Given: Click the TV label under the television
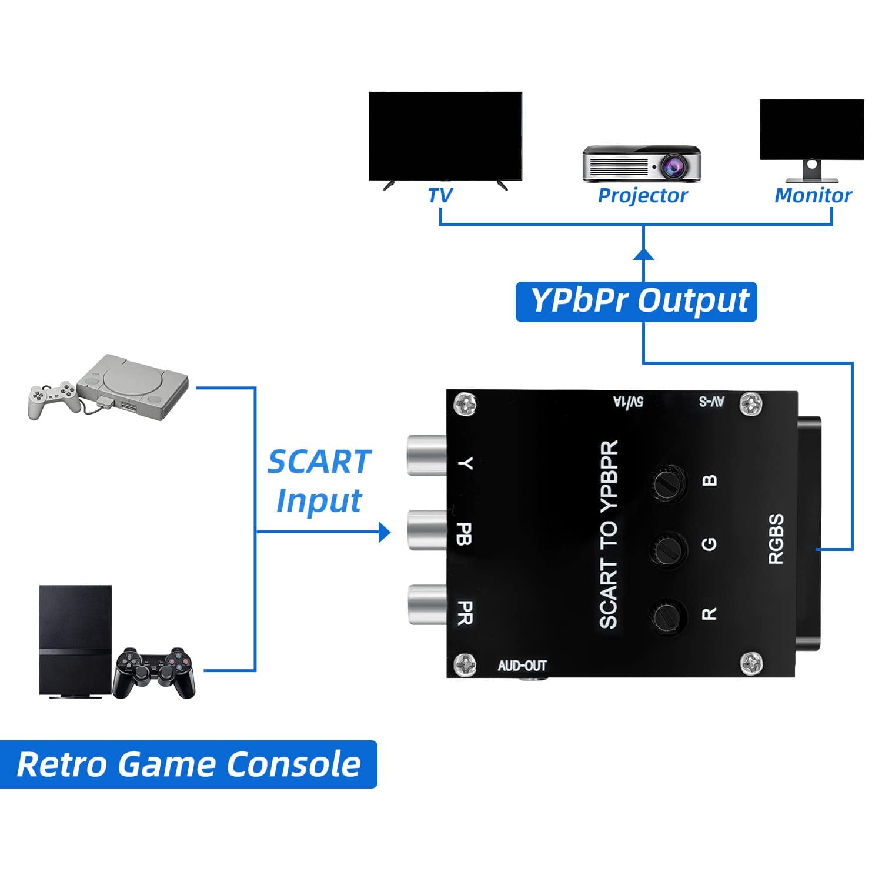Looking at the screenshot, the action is click(x=440, y=195).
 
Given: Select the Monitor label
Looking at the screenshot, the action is click(x=813, y=195).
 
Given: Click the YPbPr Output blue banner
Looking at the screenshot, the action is click(x=636, y=302).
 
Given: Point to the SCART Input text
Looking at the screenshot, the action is click(x=319, y=481).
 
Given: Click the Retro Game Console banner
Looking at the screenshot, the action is click(x=188, y=764).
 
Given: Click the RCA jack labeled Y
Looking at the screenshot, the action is click(x=427, y=455).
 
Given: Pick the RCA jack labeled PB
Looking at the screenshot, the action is click(x=427, y=530).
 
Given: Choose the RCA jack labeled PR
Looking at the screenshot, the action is click(x=427, y=604).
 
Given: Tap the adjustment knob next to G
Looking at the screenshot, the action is click(x=669, y=549).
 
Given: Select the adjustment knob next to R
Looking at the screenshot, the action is click(x=669, y=616).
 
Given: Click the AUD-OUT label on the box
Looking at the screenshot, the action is click(x=522, y=666).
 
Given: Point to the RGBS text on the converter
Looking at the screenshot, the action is click(x=777, y=539).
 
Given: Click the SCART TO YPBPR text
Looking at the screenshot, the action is click(x=609, y=534).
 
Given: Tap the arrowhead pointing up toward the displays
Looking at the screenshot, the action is click(x=644, y=253).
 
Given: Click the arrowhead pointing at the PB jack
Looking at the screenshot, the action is click(x=385, y=532).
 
